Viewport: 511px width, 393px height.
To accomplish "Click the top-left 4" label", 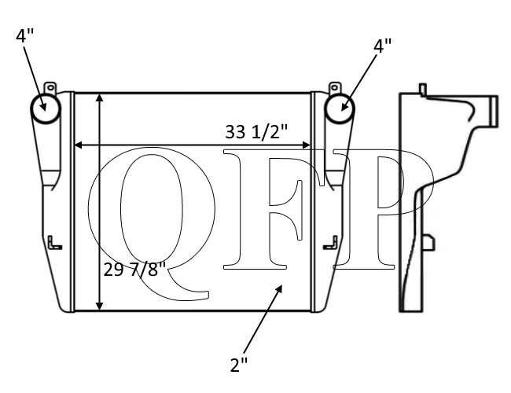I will click(24, 35).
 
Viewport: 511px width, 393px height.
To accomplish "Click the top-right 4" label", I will click(382, 46).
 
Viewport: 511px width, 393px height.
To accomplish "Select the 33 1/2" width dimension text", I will click(267, 133).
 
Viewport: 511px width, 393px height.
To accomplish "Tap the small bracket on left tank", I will click(53, 243).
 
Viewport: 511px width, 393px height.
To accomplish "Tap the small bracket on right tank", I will click(329, 243).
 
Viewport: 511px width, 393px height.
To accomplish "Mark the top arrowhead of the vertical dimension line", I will click(99, 97).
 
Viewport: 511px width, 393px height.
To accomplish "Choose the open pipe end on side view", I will click(494, 111).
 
